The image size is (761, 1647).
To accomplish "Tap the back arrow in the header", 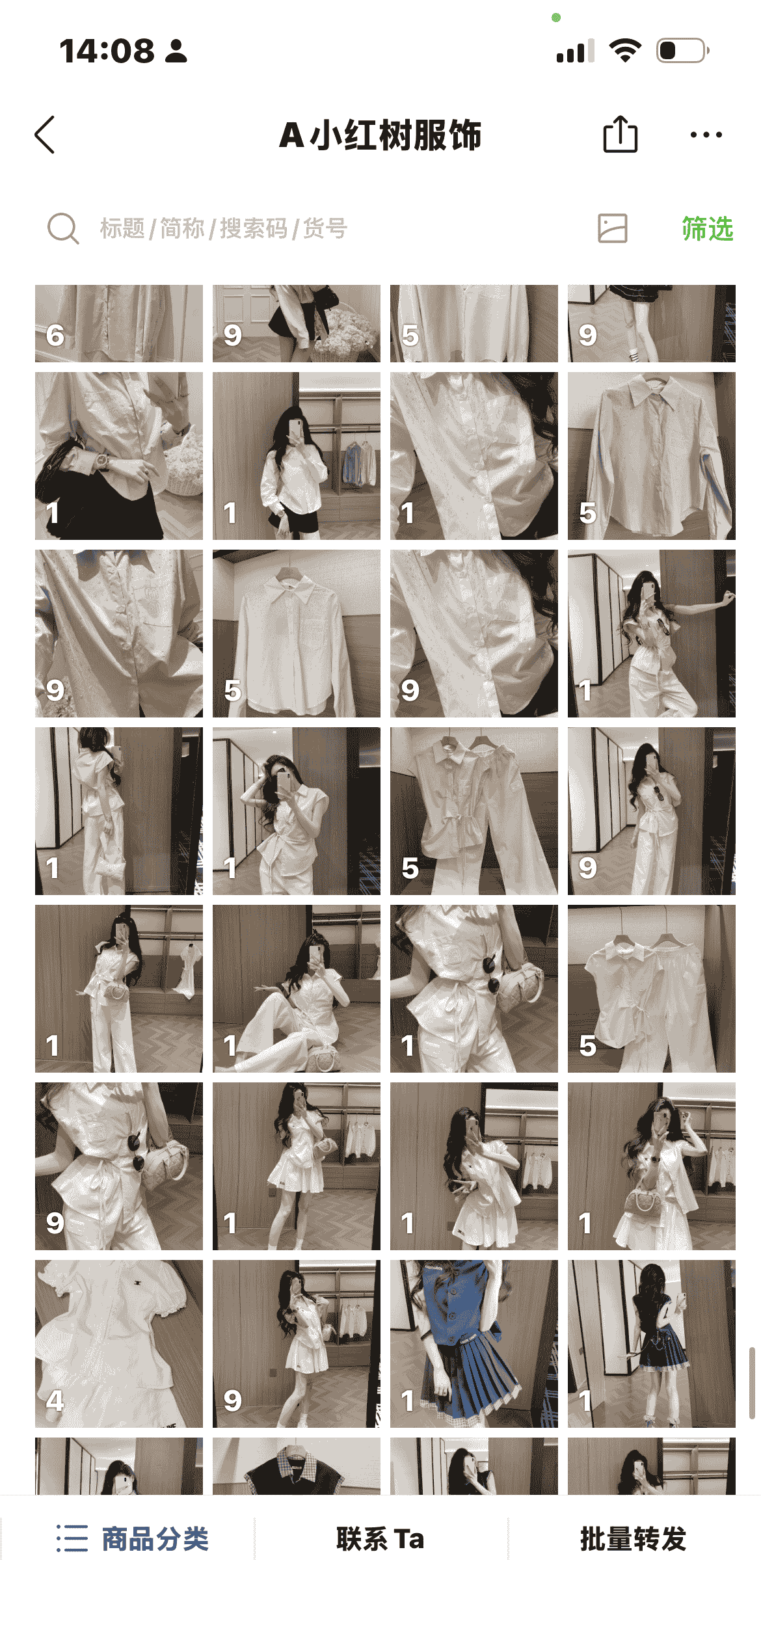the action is [44, 135].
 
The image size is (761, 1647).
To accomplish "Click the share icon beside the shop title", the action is [620, 134].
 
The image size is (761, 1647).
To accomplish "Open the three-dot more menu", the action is [706, 135].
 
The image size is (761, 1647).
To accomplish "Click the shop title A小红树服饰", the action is [380, 135].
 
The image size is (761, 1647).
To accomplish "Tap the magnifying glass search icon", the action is [63, 228].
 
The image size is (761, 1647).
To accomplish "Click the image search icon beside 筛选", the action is [613, 228].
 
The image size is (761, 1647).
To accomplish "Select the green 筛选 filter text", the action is [708, 228].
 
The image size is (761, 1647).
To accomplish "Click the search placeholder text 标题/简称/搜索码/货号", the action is [224, 228].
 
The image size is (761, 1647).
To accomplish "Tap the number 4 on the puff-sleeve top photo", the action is [55, 1400].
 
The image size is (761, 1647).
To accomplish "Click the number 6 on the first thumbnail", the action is [55, 336].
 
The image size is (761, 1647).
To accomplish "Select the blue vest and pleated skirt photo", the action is [474, 1344].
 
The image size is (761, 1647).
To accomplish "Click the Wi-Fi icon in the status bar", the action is [625, 51].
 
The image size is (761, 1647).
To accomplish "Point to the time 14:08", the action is [107, 51].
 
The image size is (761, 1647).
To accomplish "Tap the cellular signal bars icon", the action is [576, 51].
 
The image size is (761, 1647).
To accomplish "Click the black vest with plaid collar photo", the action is [297, 1466].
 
